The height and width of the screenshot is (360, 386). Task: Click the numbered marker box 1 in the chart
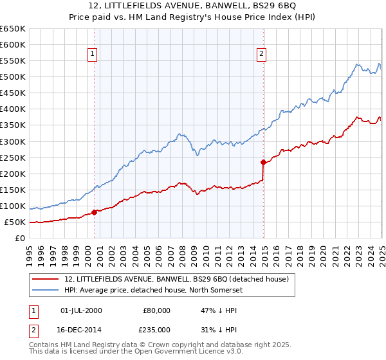93,54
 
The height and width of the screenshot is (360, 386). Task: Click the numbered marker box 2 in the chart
262,54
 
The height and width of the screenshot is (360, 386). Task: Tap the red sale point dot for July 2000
94,212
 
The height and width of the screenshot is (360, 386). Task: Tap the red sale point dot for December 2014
264,162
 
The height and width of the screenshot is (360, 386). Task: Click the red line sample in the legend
46,279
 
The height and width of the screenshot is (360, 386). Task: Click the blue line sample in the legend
46,290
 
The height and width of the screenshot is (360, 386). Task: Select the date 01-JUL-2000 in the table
81,310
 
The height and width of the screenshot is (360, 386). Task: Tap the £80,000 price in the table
156,310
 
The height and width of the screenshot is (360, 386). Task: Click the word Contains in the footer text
45,345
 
